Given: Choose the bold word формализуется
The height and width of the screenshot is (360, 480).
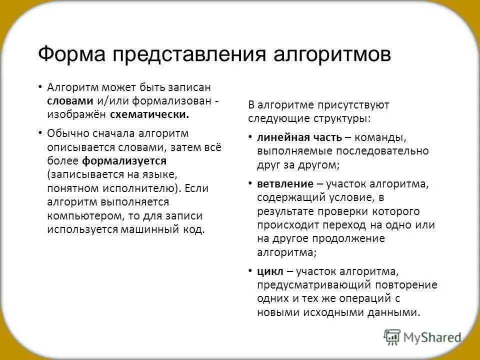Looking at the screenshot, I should click(x=124, y=161).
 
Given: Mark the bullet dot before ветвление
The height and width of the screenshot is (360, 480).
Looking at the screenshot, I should click(x=250, y=183).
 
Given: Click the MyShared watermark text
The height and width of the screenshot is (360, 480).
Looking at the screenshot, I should click(x=432, y=338).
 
